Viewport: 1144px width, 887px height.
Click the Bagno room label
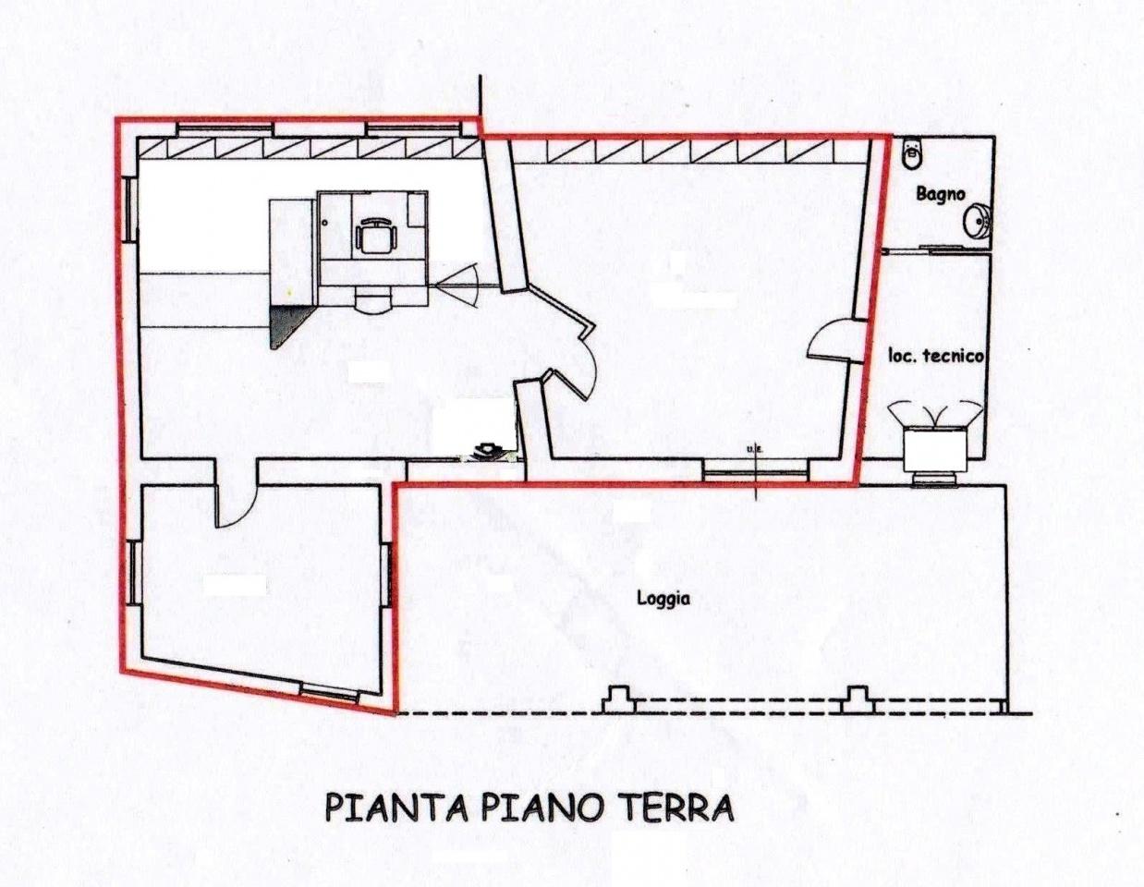[x=941, y=194]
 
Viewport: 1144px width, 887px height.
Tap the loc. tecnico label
[x=935, y=356]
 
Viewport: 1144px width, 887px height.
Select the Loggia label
[x=663, y=598]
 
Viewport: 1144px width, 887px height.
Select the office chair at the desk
[x=375, y=236]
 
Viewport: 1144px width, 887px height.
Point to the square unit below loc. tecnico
[x=934, y=449]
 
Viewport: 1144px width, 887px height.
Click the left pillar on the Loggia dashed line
[x=617, y=699]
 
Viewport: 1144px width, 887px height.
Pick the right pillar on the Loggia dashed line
[x=858, y=699]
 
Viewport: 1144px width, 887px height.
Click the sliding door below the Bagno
[x=931, y=249]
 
